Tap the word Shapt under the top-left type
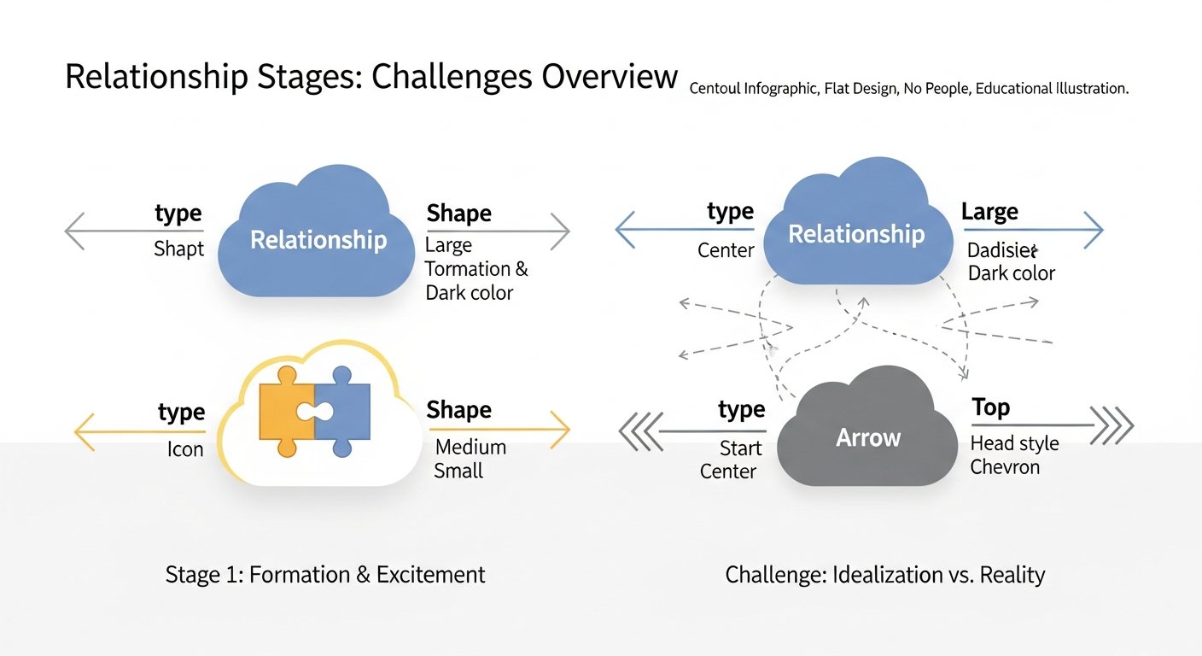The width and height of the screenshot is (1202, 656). pyautogui.click(x=178, y=249)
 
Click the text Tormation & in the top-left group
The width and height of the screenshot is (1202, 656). pyautogui.click(x=476, y=269)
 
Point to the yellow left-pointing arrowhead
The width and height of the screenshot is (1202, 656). pyautogui.click(x=83, y=430)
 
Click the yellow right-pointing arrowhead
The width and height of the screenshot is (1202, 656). pyautogui.click(x=560, y=430)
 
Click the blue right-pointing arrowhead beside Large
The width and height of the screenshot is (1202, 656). pyautogui.click(x=1094, y=230)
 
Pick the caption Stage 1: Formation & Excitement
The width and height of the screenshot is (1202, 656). pyautogui.click(x=325, y=575)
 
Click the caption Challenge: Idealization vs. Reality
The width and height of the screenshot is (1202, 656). pyautogui.click(x=885, y=575)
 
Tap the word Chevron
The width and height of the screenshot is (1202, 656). pyautogui.click(x=1005, y=467)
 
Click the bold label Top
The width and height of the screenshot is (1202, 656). pyautogui.click(x=990, y=407)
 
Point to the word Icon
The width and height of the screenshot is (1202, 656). pyautogui.click(x=185, y=448)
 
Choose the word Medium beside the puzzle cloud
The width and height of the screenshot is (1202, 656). pyautogui.click(x=470, y=447)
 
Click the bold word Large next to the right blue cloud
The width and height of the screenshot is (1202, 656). pyautogui.click(x=989, y=211)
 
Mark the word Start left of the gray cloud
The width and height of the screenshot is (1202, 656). pyautogui.click(x=739, y=448)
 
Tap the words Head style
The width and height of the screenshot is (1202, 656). pyautogui.click(x=1014, y=443)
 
